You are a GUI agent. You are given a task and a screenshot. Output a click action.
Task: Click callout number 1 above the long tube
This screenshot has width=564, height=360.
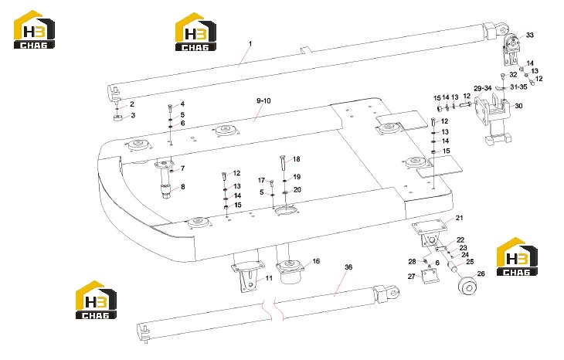click(x=250, y=44)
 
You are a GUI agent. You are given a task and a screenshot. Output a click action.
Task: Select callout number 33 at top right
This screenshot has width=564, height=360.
click(x=530, y=35)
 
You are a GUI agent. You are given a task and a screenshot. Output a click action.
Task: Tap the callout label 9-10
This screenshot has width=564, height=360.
click(x=263, y=100)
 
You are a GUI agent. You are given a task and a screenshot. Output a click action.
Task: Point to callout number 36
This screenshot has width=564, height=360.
click(x=348, y=267)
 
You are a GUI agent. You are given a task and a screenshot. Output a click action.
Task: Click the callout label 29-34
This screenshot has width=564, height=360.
click(x=483, y=88)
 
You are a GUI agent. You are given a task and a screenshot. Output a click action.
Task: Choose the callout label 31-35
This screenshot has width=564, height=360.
click(x=518, y=87)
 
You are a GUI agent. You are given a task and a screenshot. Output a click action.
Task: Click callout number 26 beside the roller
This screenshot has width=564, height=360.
click(x=481, y=273)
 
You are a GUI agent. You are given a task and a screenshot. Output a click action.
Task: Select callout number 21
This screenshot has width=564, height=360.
click(x=460, y=218)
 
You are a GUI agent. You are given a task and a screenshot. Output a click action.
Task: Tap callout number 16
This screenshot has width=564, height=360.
click(x=316, y=261)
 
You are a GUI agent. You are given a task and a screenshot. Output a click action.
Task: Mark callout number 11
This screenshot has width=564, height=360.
click(x=269, y=278)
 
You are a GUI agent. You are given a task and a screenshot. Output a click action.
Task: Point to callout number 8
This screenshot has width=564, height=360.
click(x=183, y=187)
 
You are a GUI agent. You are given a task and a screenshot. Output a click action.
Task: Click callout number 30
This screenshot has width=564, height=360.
click(x=518, y=106)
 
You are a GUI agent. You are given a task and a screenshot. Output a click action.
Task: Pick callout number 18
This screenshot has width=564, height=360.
click(x=297, y=159)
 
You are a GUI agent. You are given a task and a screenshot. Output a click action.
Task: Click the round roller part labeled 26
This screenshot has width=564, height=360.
click(x=467, y=286)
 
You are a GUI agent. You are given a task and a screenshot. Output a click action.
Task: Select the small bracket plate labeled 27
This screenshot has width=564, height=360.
click(x=429, y=277)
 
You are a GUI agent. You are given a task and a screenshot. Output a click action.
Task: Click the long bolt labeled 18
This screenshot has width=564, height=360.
click(x=283, y=164)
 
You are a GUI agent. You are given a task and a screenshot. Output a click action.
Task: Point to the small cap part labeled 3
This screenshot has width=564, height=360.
click(x=118, y=117)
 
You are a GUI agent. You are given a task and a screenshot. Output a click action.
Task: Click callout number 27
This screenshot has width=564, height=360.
click(x=412, y=277)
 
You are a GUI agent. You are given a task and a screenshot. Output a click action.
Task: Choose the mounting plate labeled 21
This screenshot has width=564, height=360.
click(x=430, y=227)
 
